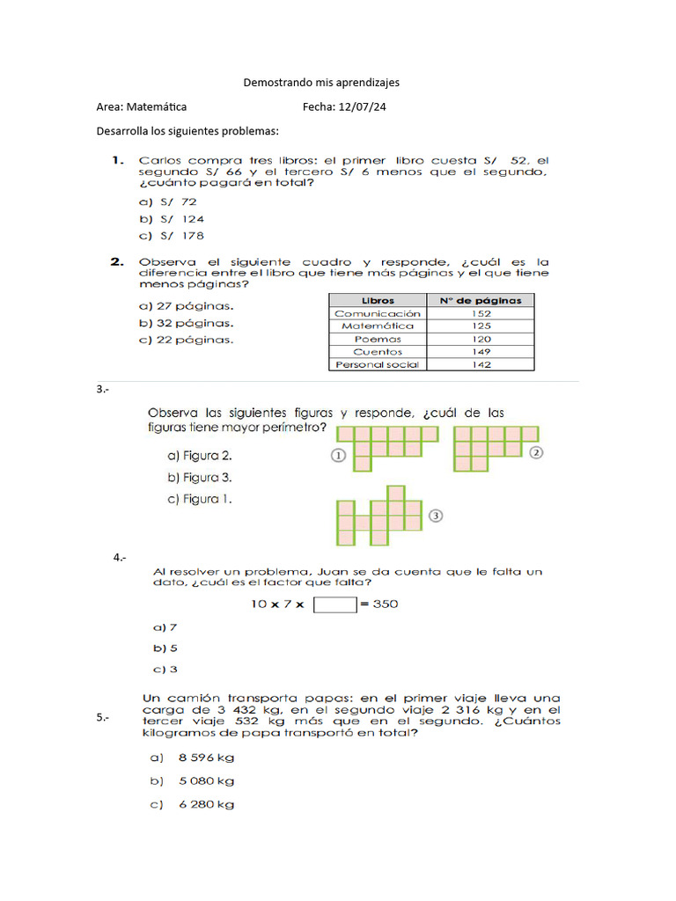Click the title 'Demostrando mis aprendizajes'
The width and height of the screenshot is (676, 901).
tap(321, 82)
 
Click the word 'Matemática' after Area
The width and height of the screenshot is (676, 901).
tap(157, 106)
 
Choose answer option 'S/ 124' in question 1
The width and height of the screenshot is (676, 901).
tap(172, 219)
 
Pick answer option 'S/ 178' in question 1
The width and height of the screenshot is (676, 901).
tap(172, 236)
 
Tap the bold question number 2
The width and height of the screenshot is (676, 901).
tap(116, 261)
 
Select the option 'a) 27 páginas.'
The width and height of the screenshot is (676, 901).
tap(187, 306)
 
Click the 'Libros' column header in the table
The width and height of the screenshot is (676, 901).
tap(378, 300)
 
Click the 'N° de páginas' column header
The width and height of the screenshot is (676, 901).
tap(480, 300)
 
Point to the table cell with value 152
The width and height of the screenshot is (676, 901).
tap(481, 313)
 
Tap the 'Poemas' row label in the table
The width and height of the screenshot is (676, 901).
tap(378, 339)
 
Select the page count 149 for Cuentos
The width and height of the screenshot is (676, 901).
tap(481, 351)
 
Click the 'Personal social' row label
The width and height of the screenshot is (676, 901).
tap(378, 364)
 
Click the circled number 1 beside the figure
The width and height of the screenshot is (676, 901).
tap(337, 455)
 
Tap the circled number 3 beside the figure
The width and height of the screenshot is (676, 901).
tap(434, 516)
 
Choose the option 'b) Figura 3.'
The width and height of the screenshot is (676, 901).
tap(200, 478)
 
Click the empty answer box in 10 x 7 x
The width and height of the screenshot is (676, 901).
tap(334, 604)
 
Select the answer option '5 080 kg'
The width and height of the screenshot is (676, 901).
tap(206, 780)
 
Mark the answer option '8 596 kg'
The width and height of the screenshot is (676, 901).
tap(206, 758)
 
